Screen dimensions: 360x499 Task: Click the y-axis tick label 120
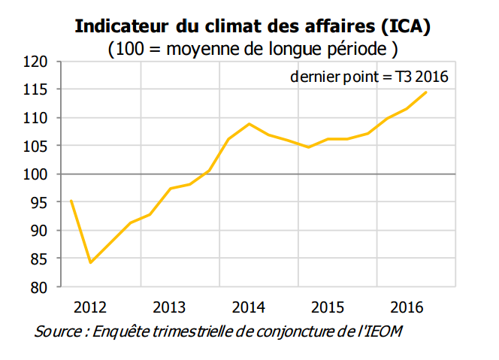pos(38,61)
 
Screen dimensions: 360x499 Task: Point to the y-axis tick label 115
pos(38,89)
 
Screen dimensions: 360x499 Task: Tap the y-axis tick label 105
pos(38,146)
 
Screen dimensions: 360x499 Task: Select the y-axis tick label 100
pos(38,174)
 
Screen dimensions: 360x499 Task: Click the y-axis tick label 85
pos(41,259)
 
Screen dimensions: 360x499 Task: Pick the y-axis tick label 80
pos(41,287)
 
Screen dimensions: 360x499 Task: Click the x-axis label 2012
pos(91,307)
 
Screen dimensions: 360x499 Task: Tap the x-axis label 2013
pos(169,307)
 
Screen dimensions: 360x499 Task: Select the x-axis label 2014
pos(248,307)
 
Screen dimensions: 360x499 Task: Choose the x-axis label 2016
pos(406,307)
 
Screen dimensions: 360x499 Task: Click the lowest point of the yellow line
pos(91,262)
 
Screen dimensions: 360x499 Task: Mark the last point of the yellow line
pos(426,92)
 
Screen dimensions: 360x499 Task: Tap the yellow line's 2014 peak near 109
pos(249,123)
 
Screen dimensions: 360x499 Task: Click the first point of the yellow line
pos(71,201)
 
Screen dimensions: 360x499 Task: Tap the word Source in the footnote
pos(59,331)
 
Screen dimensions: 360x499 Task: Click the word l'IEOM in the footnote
pos(382,331)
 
